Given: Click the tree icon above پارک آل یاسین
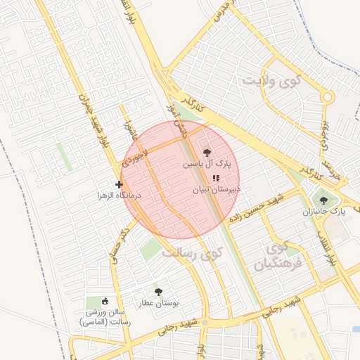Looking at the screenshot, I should pos(206,151).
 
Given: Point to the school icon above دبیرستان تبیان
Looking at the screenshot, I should pos(215,178).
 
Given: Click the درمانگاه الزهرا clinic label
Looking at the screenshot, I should pos(120,195).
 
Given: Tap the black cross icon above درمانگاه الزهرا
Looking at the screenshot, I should pos(119,184).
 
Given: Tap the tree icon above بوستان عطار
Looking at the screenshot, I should pos(157,291).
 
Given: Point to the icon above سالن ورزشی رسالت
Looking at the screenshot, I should pos(105,300).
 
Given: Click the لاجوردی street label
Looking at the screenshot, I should pos(134,153).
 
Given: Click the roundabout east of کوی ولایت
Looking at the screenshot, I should pos(327,98).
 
